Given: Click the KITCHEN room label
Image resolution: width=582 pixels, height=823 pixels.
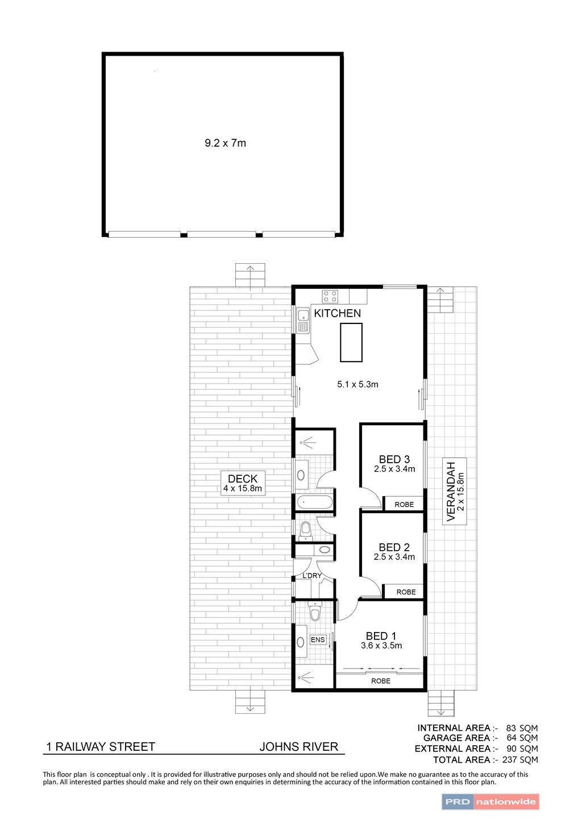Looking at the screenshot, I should (x=337, y=313).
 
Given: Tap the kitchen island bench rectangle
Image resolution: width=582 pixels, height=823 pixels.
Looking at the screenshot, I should (x=351, y=342).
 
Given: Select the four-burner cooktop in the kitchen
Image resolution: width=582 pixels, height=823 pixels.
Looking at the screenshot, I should (x=330, y=296).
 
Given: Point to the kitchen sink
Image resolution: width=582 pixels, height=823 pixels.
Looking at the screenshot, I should (x=302, y=321).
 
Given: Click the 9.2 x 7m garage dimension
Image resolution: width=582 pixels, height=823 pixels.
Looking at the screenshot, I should (x=225, y=143).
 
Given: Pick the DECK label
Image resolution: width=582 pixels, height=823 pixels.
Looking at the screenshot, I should (x=243, y=479).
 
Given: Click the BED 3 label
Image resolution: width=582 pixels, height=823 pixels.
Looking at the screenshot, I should (x=394, y=459).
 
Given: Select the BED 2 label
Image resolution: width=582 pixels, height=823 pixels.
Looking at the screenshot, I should (x=394, y=547).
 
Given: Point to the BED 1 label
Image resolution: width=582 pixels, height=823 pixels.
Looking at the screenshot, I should (x=381, y=636).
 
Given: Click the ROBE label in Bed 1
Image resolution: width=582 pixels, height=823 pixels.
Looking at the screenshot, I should (x=381, y=681).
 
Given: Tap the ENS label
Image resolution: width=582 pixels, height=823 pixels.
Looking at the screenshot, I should (x=318, y=640).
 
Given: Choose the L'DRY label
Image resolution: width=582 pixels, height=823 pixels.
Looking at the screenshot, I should (x=312, y=576).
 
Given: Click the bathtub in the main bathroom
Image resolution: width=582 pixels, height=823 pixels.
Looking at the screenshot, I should (x=314, y=502).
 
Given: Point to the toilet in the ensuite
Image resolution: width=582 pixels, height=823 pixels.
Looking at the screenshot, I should (x=314, y=612).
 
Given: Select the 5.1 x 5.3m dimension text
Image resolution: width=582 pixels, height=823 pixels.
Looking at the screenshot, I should (x=357, y=384).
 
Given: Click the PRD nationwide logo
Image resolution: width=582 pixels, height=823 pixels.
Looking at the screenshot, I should (x=490, y=802).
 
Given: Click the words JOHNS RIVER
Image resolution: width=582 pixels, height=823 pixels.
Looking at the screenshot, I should (x=299, y=747).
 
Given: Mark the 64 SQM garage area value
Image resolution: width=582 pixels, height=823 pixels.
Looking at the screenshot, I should (x=522, y=738).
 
